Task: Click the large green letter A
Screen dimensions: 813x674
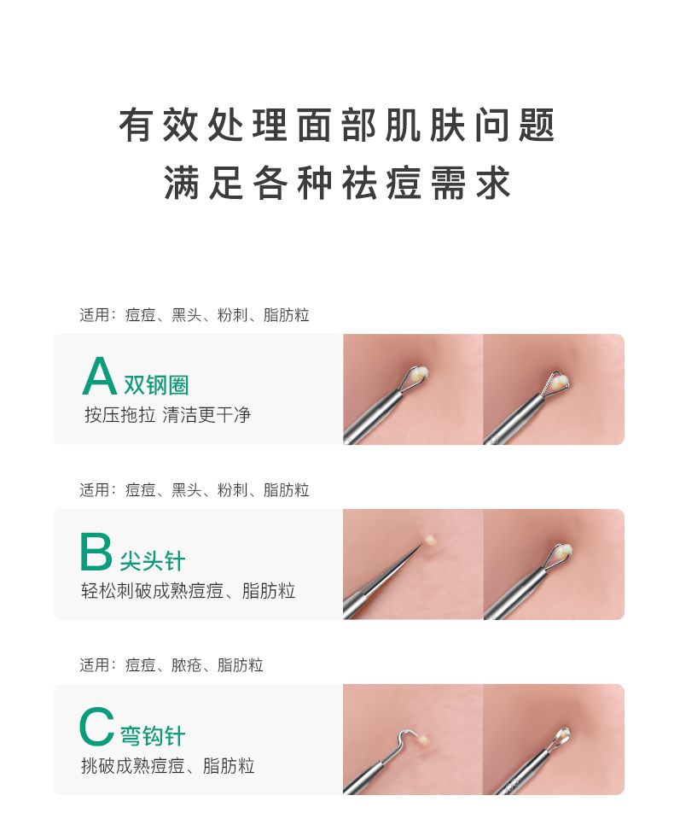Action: click(99, 377)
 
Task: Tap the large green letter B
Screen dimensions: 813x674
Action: click(96, 553)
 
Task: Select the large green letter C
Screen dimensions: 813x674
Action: click(96, 728)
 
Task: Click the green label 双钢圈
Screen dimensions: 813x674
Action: click(156, 385)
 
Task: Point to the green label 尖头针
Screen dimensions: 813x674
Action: click(152, 561)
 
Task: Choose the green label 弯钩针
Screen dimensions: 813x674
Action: click(153, 736)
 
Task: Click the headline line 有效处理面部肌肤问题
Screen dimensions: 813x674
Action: click(337, 126)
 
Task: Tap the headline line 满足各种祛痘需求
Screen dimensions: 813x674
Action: click(337, 184)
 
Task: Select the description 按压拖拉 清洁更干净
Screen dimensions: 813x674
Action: click(167, 415)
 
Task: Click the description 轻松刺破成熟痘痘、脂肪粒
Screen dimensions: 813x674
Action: click(188, 591)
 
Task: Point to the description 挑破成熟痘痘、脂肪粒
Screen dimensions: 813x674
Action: click(167, 766)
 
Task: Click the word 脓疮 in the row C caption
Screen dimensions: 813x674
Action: click(186, 665)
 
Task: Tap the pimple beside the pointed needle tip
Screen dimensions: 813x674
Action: click(432, 539)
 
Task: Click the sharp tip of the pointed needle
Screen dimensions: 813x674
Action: click(421, 546)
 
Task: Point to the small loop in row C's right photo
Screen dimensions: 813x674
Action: click(564, 734)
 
